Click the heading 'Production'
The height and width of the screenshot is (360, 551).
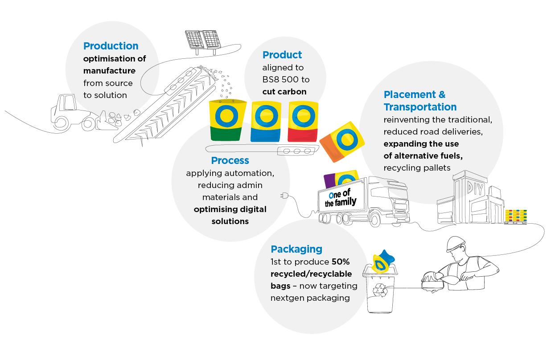(111, 46)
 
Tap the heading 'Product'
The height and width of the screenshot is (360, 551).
(282, 55)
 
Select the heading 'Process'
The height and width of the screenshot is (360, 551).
(230, 160)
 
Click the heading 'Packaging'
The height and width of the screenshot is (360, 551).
(296, 249)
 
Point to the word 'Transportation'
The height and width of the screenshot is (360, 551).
(420, 107)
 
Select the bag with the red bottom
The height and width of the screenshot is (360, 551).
(303, 121)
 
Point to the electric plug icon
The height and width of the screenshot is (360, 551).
(284, 196)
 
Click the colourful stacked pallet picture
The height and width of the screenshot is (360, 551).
(516, 216)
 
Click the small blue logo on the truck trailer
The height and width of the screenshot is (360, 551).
(331, 196)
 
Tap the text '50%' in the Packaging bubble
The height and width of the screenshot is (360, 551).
(341, 262)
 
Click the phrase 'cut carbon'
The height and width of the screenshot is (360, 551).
(284, 92)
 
